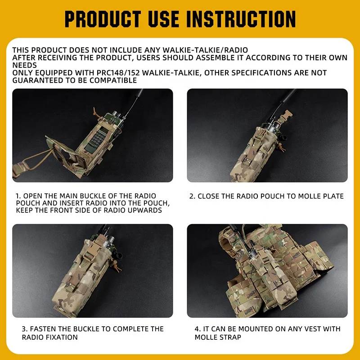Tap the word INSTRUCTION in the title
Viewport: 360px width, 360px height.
pos(241,18)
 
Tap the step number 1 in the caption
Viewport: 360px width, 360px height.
pos(18,196)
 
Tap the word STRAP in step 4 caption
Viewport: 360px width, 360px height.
pos(231,337)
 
